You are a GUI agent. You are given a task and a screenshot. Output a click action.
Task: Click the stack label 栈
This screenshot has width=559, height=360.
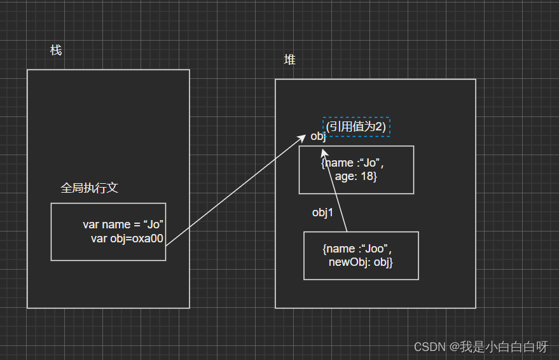pos(56,50)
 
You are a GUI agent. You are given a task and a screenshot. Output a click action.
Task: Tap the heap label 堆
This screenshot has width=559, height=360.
pos(289,60)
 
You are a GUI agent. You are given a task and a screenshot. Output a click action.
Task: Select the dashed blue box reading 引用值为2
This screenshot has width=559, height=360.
pos(356,127)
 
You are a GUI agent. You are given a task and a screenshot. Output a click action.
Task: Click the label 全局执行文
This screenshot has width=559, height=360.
pos(89,188)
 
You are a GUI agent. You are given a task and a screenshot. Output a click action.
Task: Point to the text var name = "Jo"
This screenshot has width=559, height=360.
pos(124,225)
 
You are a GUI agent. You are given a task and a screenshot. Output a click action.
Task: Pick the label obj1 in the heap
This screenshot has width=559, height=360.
pos(322,213)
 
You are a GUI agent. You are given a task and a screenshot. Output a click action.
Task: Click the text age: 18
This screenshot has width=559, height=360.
pos(356,176)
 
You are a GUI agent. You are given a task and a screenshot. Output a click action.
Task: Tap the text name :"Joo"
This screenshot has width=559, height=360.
pos(357,249)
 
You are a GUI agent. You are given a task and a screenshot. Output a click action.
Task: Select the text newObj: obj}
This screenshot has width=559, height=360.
pos(361,262)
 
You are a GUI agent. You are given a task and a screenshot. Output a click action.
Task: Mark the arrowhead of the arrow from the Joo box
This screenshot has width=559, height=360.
pos(324,153)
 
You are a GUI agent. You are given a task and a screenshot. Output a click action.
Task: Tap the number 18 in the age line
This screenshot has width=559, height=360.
pos(368,176)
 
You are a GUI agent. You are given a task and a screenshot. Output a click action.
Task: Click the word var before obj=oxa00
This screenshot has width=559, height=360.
pos(99,238)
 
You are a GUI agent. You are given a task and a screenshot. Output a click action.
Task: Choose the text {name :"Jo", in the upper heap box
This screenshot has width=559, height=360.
pos(352,163)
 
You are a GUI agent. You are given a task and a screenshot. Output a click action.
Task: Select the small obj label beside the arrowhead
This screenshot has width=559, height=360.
pos(318,137)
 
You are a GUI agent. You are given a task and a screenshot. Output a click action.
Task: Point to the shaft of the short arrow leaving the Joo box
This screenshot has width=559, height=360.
pos(336,194)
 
